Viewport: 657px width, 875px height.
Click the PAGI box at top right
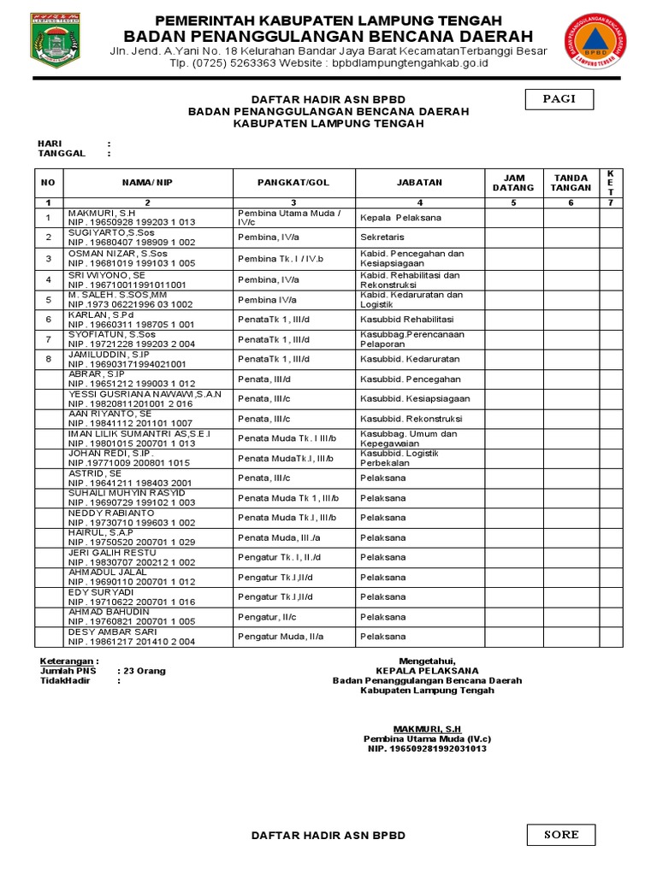click(559, 99)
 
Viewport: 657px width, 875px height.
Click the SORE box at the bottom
click(561, 835)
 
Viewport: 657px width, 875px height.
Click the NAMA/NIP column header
click(147, 182)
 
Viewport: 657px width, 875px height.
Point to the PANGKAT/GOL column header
click(293, 182)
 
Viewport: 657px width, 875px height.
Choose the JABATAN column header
click(419, 182)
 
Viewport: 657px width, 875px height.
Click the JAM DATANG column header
click(512, 182)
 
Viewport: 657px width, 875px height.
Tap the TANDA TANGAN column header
click(571, 182)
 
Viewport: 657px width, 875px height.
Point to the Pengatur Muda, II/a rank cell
click(281, 637)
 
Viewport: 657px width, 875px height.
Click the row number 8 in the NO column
click(49, 360)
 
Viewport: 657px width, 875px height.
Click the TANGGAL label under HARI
click(61, 154)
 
